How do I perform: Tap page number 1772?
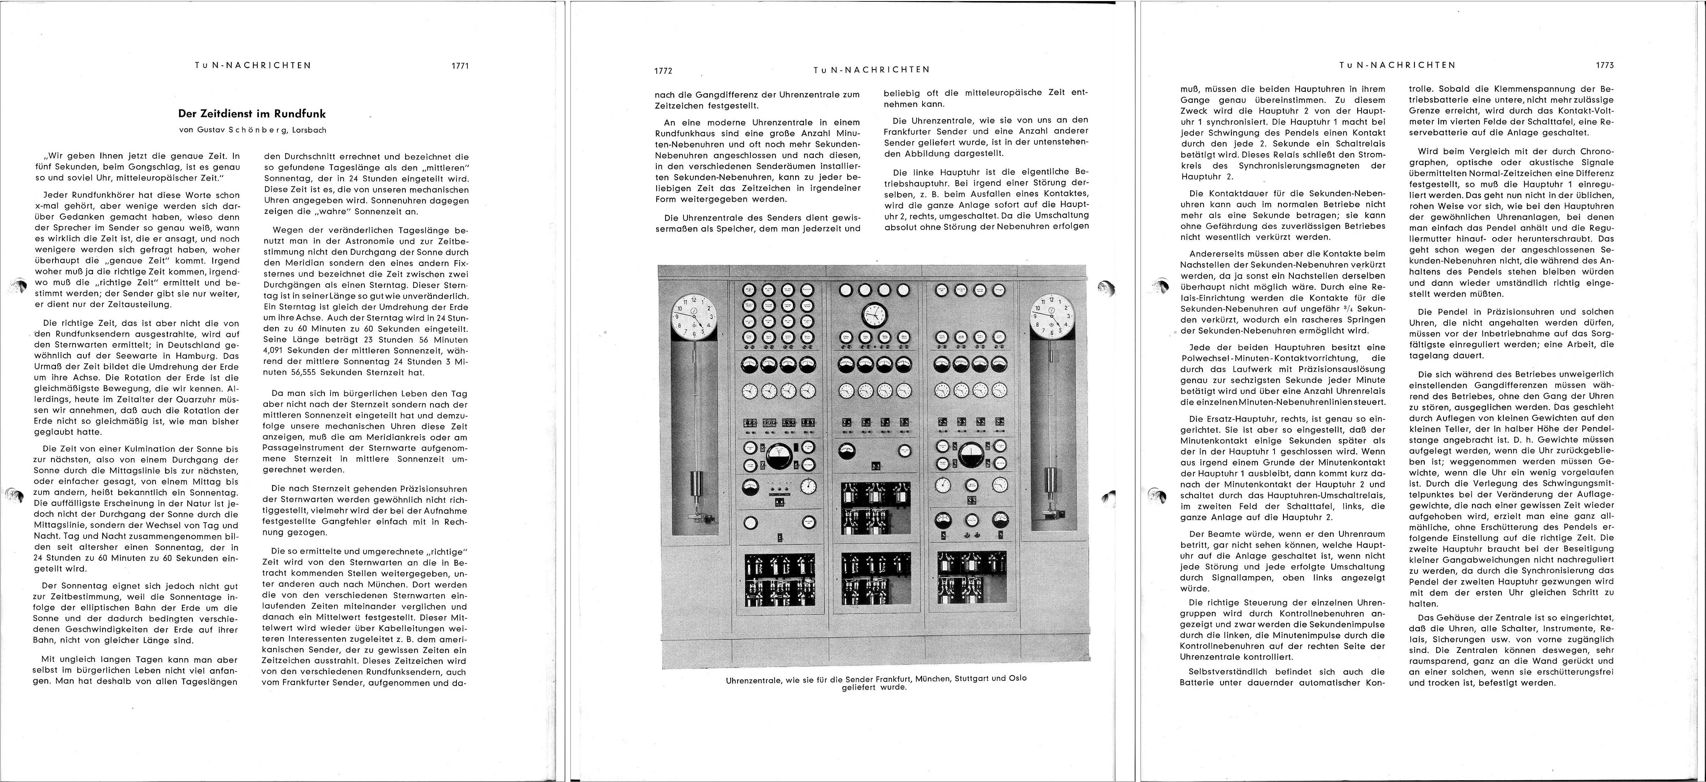coord(663,70)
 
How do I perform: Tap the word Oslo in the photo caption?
coord(1015,678)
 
